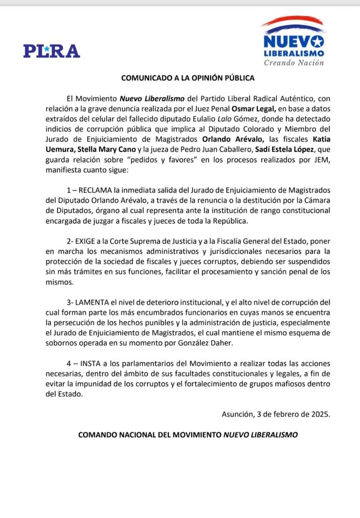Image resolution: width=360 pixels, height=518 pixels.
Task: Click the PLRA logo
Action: [x=51, y=50]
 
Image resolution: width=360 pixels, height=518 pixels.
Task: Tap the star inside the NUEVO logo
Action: [x=318, y=42]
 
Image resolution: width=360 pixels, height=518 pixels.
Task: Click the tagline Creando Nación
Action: [x=294, y=63]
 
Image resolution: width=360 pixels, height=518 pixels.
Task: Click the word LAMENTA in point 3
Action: [x=100, y=303]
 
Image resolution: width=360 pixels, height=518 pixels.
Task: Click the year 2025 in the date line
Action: [x=320, y=413]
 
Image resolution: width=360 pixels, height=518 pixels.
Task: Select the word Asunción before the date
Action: [x=236, y=413]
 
